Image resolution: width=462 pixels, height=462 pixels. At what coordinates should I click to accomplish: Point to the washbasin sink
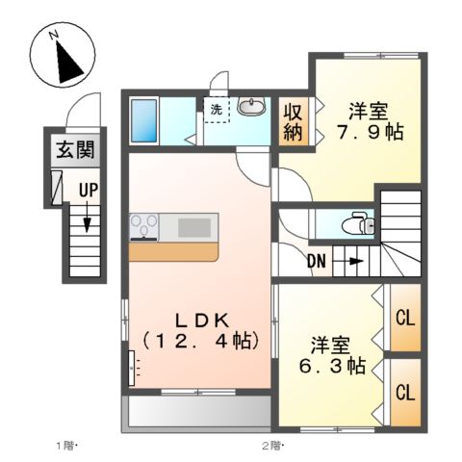point(252,108)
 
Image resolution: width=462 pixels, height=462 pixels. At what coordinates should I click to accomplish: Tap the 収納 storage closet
point(293,122)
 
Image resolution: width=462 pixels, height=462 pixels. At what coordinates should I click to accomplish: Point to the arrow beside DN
point(353,260)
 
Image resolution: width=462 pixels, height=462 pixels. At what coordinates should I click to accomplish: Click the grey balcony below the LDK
point(197,413)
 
